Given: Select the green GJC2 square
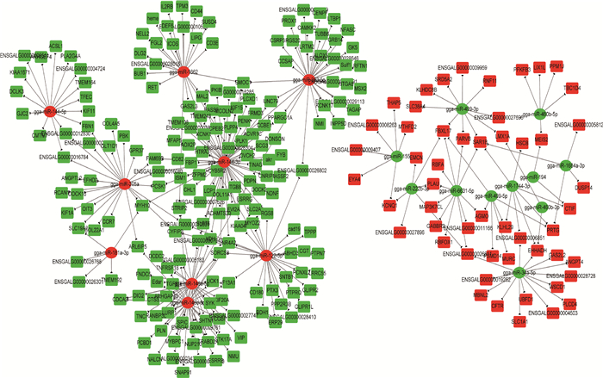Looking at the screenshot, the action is pyautogui.click(x=22, y=112).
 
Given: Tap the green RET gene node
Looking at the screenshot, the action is pyautogui.click(x=153, y=87).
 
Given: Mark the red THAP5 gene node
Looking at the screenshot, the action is pyautogui.click(x=393, y=103).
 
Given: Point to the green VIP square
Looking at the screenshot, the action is pyautogui.click(x=242, y=336).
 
